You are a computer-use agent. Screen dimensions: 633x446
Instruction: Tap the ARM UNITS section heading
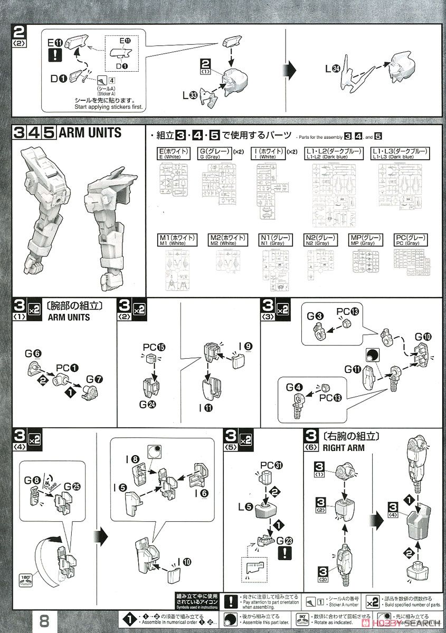tap(90, 132)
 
